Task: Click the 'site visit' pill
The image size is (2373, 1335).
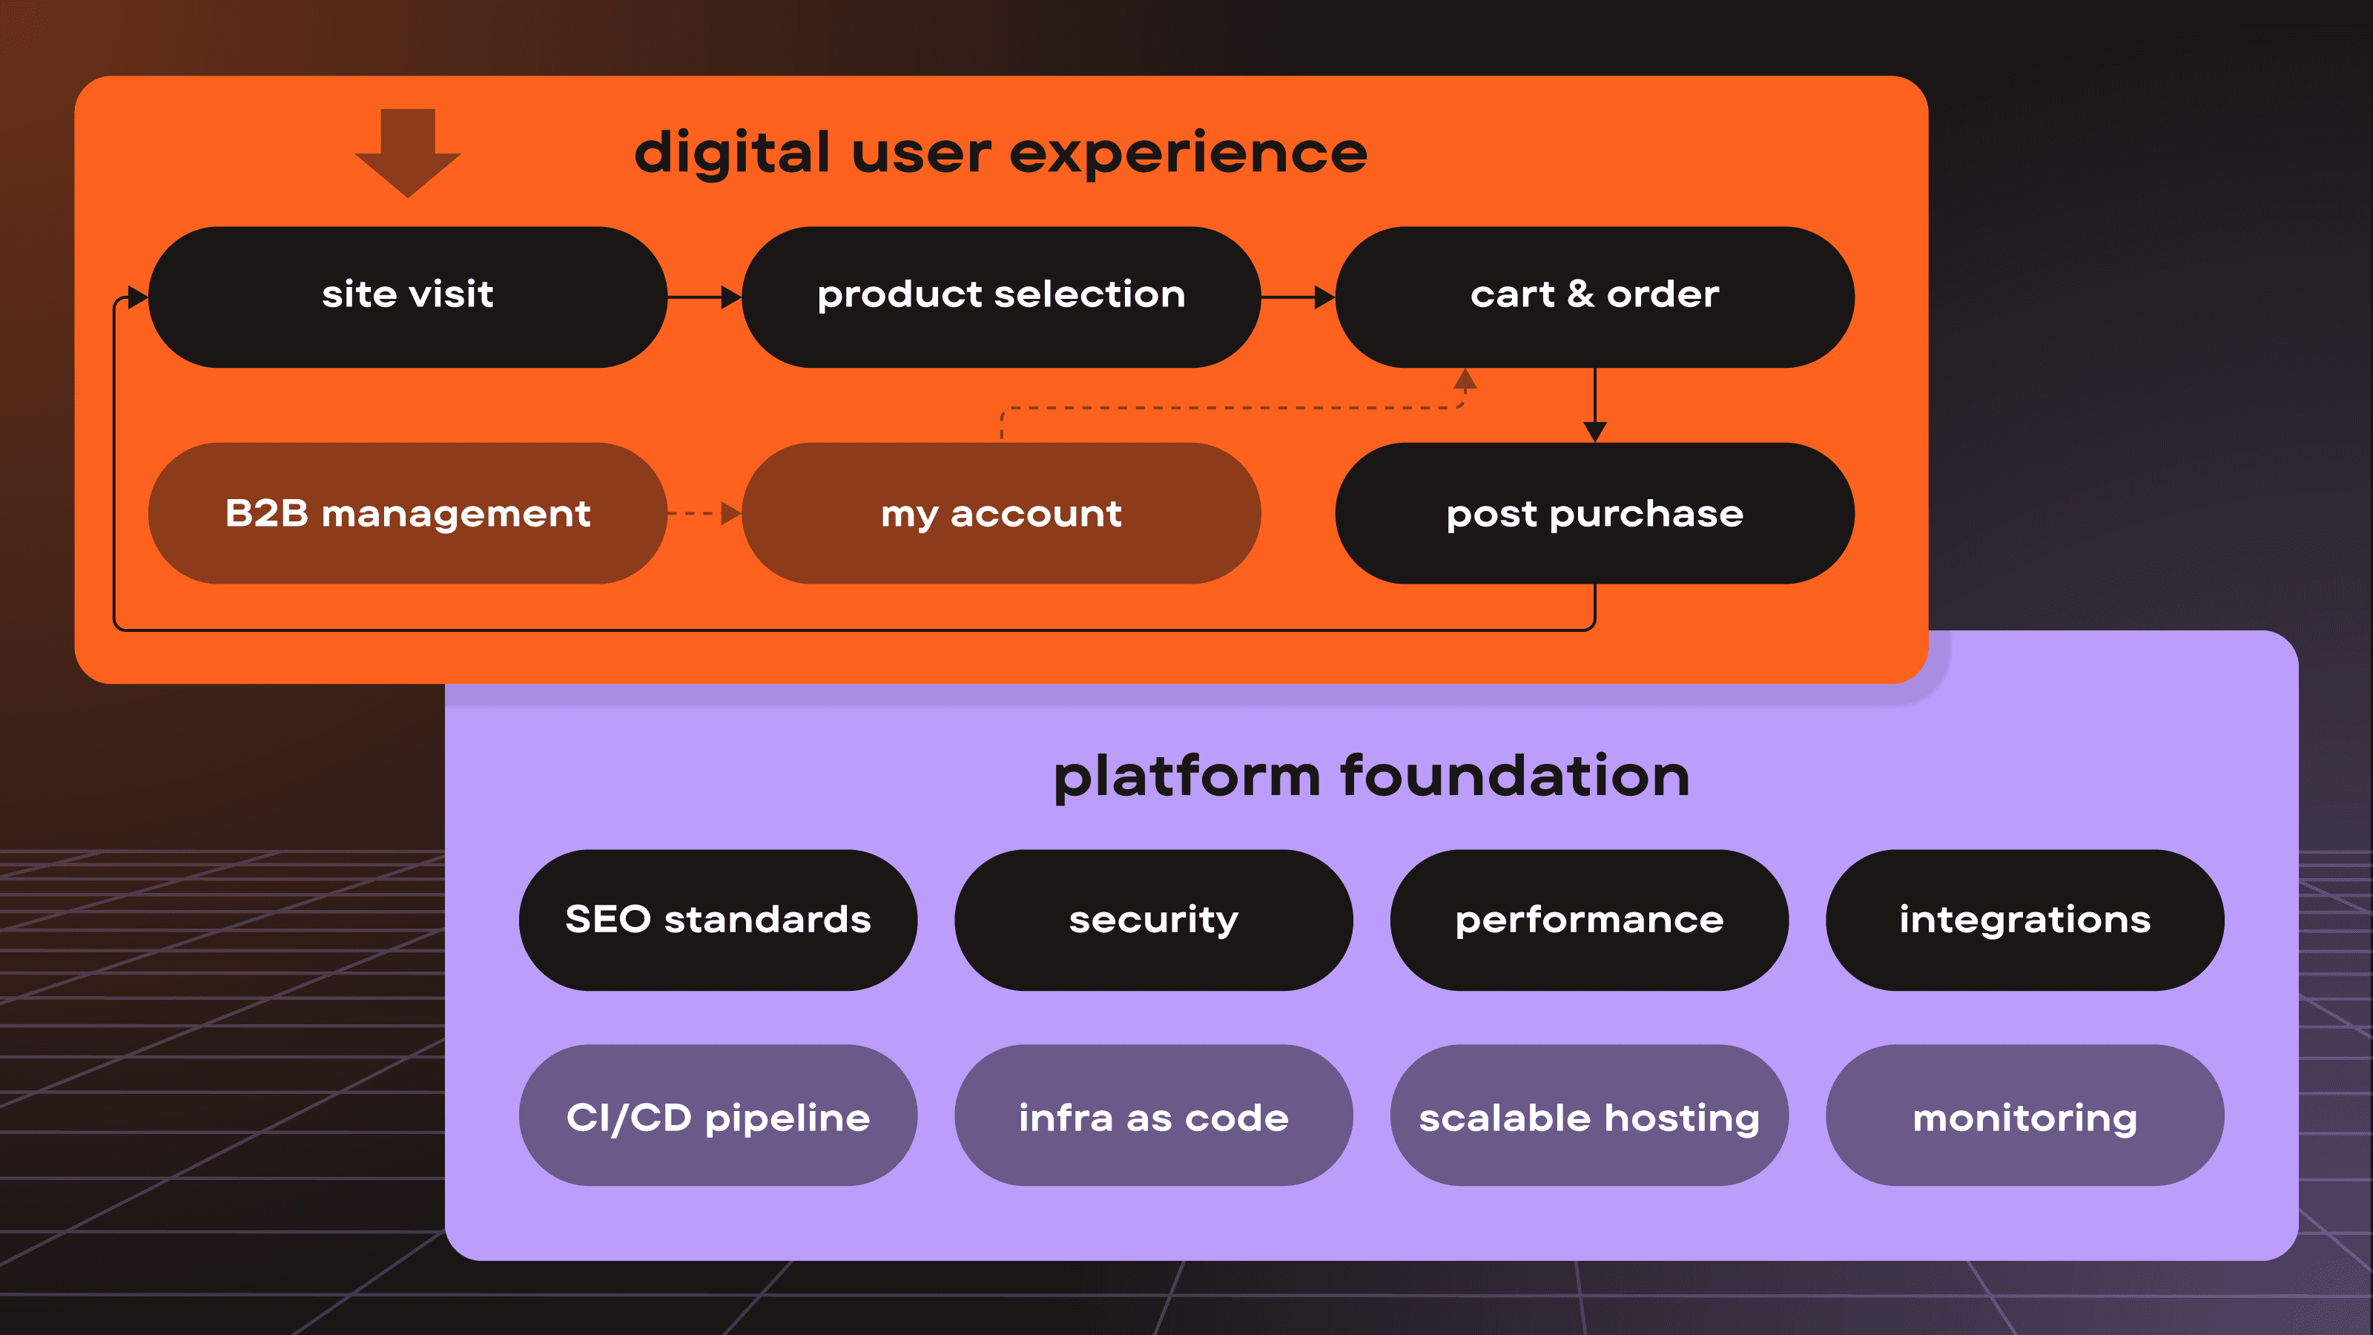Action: pos(407,297)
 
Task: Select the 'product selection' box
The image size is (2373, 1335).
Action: pos(1001,297)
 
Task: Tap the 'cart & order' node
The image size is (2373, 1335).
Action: pos(1594,297)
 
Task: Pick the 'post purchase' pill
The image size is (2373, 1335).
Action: pos(1594,513)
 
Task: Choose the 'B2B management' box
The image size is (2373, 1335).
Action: pos(407,513)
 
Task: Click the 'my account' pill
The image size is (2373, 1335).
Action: pos(1001,513)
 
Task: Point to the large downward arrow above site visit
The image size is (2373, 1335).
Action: pos(407,153)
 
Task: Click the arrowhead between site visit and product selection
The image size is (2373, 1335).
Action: pos(731,297)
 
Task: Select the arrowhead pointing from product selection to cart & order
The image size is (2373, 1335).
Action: pos(1324,297)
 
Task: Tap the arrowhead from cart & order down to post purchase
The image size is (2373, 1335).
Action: pos(1594,432)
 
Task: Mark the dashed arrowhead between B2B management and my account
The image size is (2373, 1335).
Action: pos(731,513)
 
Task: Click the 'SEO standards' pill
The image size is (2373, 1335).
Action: pos(718,920)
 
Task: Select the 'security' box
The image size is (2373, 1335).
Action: pos(1153,920)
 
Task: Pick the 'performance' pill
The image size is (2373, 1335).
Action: pos(1589,920)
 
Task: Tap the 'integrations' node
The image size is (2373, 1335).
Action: pos(2024,920)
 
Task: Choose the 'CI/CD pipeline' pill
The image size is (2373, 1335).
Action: pos(718,1115)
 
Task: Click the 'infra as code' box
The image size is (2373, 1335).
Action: pos(1153,1115)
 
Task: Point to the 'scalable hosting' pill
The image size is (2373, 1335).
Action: pos(1589,1115)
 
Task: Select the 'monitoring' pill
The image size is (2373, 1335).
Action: pos(2024,1115)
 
